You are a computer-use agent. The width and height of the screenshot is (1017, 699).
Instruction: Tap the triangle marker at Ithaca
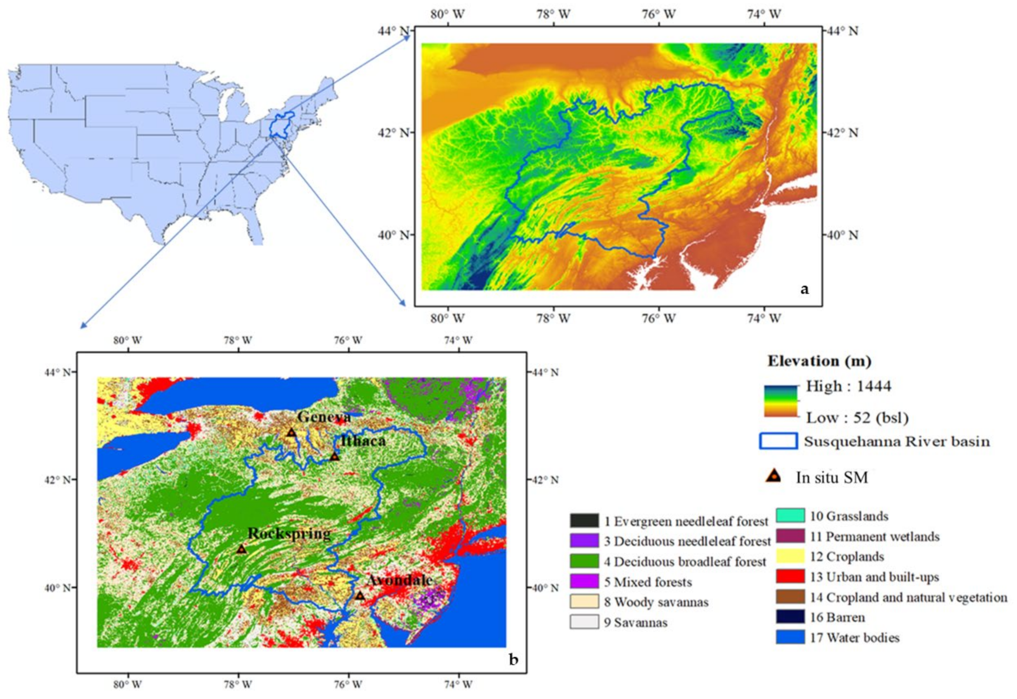334,457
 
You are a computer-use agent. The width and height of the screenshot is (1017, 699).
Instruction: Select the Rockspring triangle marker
242,550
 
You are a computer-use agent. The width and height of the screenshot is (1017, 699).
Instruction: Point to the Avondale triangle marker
360,596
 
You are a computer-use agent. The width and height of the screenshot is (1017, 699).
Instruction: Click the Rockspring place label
289,534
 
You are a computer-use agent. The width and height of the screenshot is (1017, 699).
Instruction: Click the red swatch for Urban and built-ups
790,577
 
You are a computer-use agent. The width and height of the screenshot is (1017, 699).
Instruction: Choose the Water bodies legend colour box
790,637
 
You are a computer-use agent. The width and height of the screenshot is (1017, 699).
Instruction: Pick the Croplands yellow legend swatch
790,556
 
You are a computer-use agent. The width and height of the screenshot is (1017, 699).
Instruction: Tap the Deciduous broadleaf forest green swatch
584,561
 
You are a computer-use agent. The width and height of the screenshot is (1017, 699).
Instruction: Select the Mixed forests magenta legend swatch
584,581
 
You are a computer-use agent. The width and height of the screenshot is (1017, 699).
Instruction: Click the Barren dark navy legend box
790,617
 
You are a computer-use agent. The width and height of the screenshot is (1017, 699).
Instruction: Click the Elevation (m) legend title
819,361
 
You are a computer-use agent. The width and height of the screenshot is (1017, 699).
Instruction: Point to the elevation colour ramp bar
780,401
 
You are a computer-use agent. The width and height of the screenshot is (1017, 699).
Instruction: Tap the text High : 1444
848,386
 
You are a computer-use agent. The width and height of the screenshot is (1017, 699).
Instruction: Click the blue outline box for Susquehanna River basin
778,441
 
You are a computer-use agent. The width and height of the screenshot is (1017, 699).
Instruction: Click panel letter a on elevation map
805,289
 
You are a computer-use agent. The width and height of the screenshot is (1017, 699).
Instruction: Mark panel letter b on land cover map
513,659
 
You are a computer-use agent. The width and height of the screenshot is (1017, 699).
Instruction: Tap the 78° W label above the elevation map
554,14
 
